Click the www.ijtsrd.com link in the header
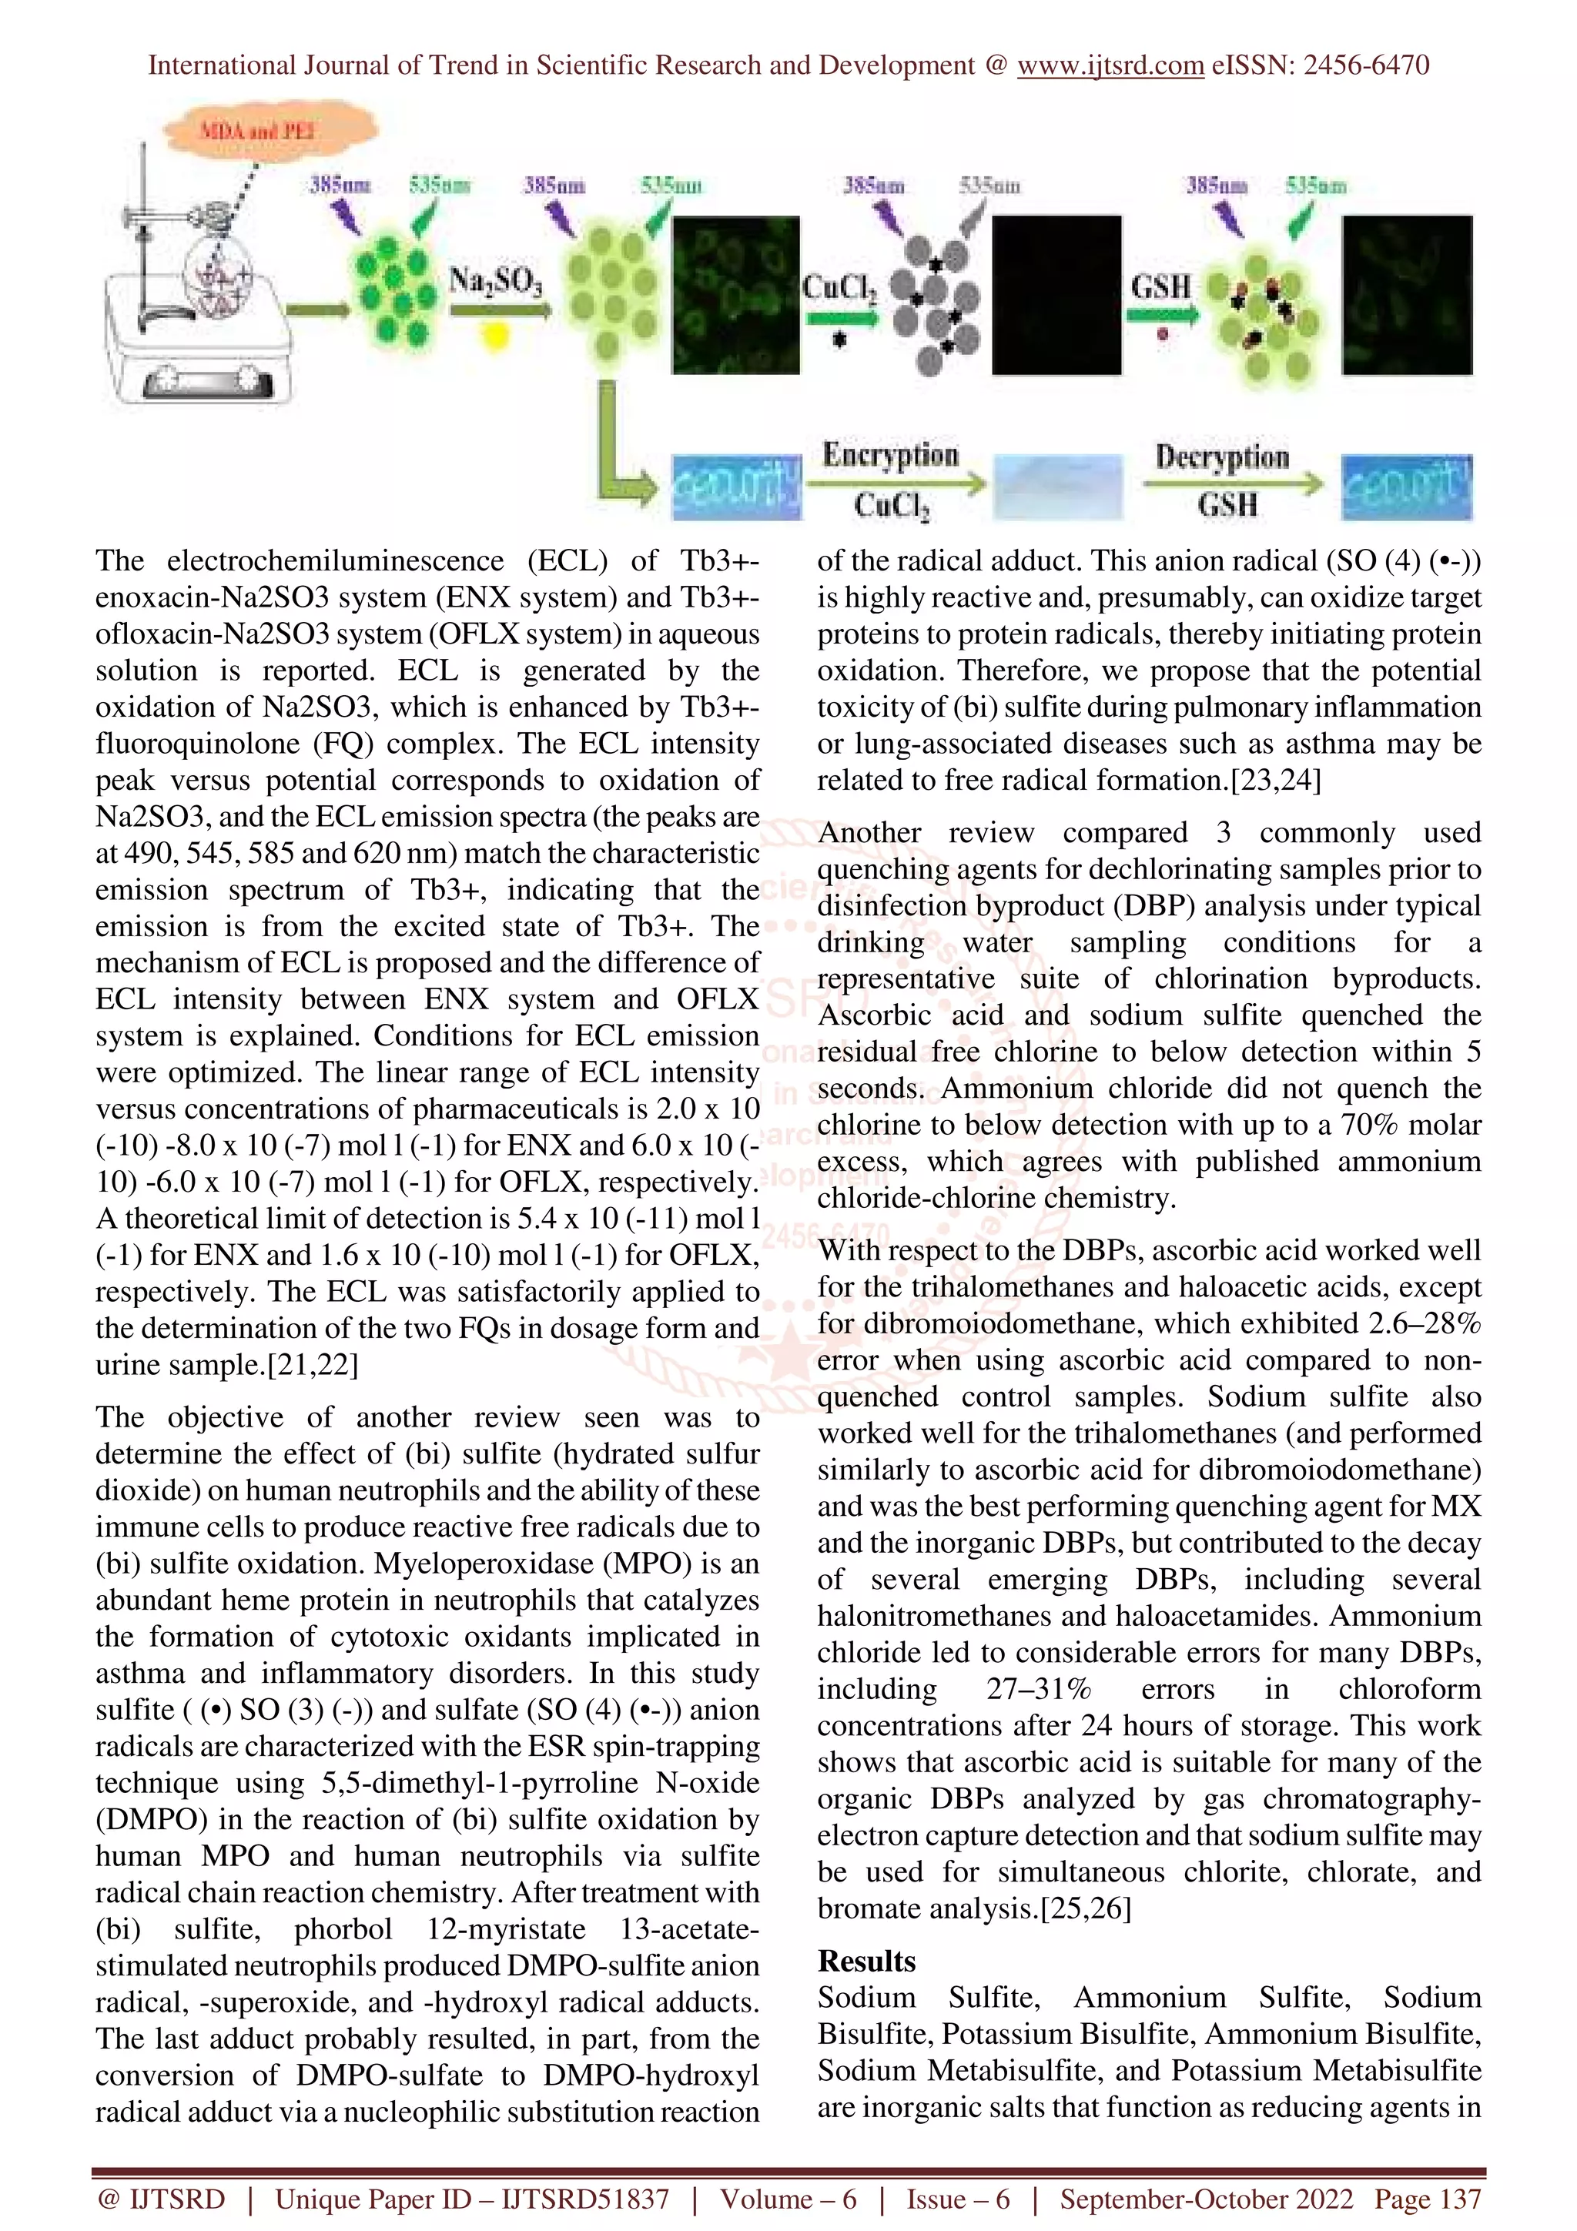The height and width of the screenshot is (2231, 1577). [x=1110, y=65]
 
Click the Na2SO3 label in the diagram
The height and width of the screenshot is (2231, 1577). [x=496, y=283]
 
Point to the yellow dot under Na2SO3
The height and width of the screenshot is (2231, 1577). [x=496, y=336]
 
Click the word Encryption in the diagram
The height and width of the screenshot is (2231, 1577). [x=890, y=455]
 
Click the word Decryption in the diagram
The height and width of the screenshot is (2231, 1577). [x=1221, y=457]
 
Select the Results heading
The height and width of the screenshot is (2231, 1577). [x=866, y=1961]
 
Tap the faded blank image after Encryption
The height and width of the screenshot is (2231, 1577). [x=1057, y=486]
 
